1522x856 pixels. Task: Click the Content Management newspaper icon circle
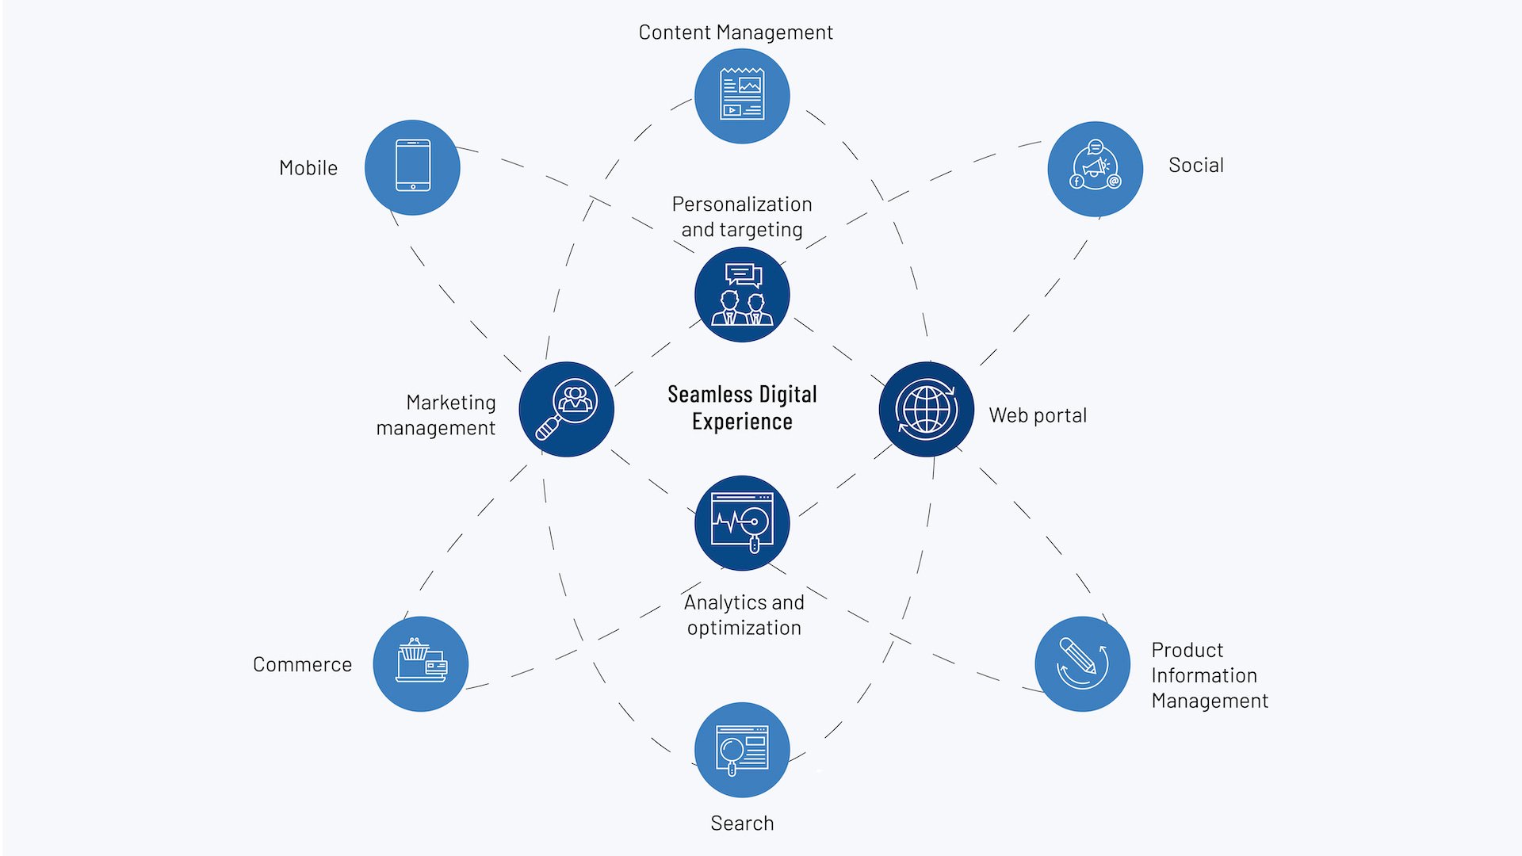tap(742, 96)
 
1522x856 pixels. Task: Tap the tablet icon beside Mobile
tap(412, 167)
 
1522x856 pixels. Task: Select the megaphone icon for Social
tap(1095, 168)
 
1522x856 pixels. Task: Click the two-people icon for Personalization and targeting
tap(742, 295)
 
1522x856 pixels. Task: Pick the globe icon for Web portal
tap(926, 409)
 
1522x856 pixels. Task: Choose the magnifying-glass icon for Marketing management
tap(566, 409)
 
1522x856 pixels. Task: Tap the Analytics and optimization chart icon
tap(742, 523)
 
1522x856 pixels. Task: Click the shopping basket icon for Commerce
tap(421, 663)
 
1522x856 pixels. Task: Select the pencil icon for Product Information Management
tap(1082, 663)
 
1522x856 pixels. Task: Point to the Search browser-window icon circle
tap(742, 749)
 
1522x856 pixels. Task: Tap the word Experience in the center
tap(742, 422)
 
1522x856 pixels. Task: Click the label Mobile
tap(308, 168)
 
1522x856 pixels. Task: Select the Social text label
tap(1195, 165)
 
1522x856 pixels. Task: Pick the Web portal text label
tap(1037, 415)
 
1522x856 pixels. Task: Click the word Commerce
tap(302, 664)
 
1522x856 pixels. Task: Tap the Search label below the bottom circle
tap(742, 823)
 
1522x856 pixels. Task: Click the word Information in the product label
tap(1203, 675)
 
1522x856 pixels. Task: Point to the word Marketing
tap(450, 403)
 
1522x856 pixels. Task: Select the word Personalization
tap(742, 204)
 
